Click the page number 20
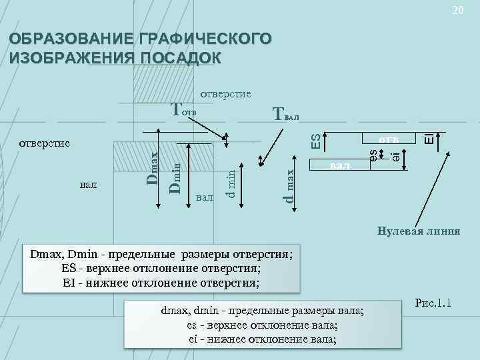click(x=457, y=10)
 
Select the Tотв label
click(x=185, y=109)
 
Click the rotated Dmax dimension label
click(x=153, y=169)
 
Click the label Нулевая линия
click(x=418, y=231)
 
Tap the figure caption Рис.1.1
click(x=433, y=304)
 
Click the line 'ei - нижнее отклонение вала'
click(x=262, y=338)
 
